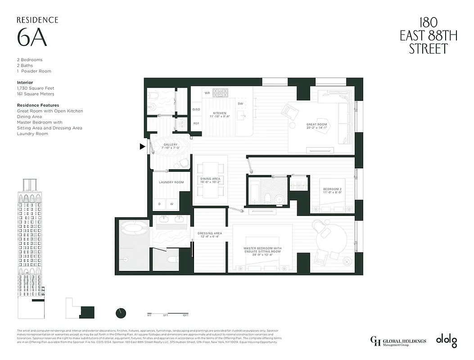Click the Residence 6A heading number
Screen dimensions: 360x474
[32, 38]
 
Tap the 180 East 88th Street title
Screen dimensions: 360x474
[428, 36]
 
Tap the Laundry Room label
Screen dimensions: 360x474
[171, 182]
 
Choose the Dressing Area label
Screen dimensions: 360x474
[209, 234]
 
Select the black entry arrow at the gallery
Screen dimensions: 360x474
[143, 146]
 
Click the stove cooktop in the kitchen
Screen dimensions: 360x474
[221, 92]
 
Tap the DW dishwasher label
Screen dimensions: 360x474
[240, 103]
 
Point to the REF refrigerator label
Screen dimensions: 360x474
[196, 123]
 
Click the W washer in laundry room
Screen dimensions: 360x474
[172, 204]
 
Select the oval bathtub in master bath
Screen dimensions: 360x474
[133, 229]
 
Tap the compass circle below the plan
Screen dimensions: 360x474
[121, 313]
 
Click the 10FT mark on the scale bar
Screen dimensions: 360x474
[185, 315]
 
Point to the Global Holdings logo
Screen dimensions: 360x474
[397, 342]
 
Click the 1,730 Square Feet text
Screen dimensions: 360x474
[36, 88]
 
